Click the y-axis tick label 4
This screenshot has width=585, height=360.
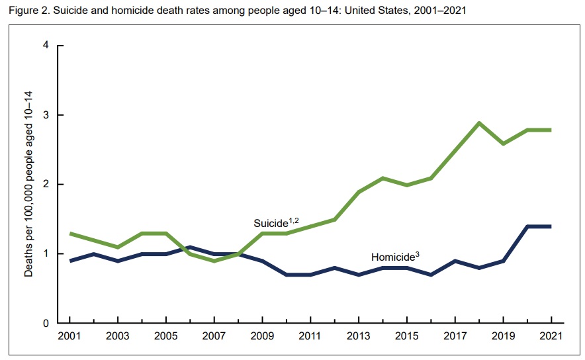(x=46, y=46)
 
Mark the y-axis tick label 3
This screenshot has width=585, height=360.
(x=46, y=115)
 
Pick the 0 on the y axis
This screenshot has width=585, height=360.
(x=46, y=324)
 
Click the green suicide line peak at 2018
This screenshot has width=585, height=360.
(x=478, y=122)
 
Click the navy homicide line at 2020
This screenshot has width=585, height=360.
(x=527, y=226)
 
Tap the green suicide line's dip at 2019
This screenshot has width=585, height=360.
(x=503, y=144)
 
